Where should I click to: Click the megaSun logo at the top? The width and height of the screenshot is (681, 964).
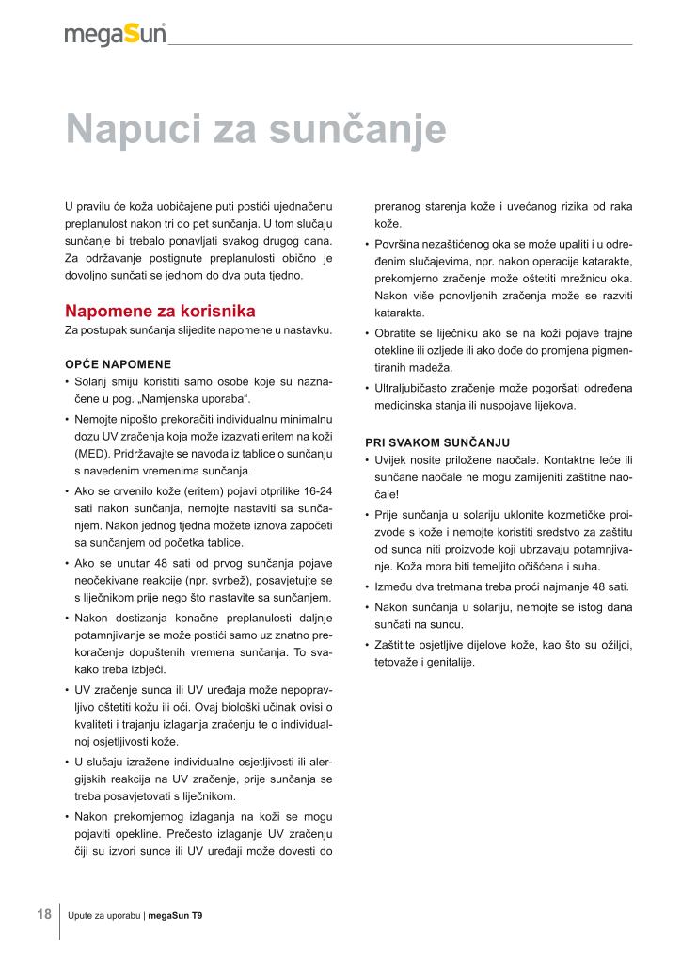point(115,34)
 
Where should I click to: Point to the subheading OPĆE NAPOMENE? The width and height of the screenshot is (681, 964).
point(118,363)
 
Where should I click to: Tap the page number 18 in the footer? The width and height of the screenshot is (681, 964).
point(44,914)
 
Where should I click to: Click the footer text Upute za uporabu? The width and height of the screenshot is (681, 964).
point(103,915)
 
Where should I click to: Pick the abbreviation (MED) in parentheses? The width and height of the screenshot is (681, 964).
point(91,453)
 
